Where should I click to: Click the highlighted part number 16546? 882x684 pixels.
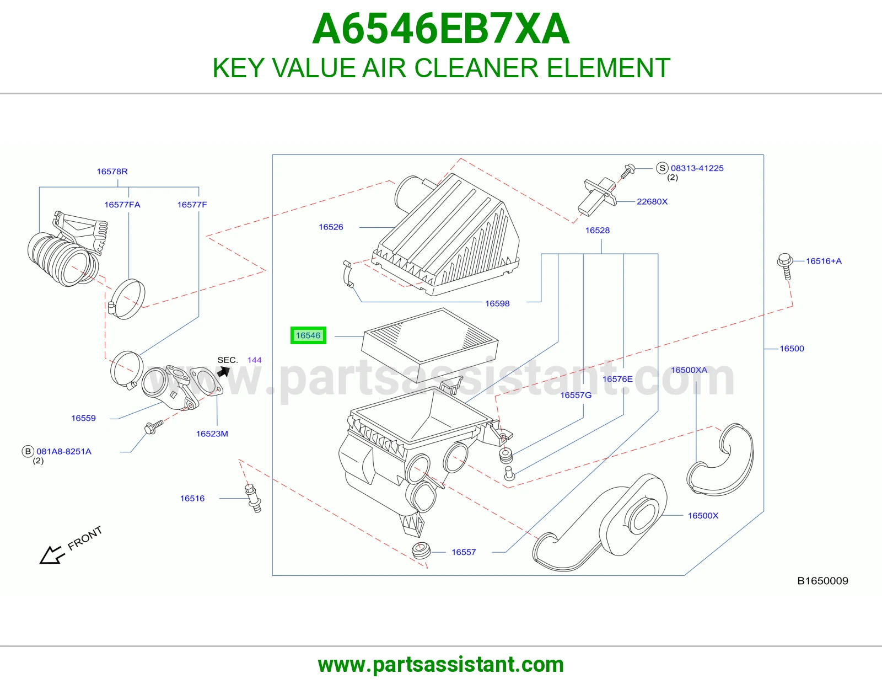(308, 335)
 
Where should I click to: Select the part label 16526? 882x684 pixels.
(331, 227)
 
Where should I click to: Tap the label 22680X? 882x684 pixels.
(652, 201)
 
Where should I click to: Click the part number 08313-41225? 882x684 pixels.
(697, 168)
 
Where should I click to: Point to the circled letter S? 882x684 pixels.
(662, 168)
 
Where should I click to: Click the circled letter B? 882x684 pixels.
(28, 451)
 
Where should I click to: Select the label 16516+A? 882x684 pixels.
(824, 261)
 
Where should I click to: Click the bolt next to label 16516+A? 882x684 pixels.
(785, 266)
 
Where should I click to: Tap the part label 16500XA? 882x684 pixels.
(689, 370)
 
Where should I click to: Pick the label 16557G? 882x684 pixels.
(576, 395)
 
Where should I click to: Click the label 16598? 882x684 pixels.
(497, 303)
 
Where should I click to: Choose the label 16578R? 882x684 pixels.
(112, 172)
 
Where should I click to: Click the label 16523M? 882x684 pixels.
(212, 434)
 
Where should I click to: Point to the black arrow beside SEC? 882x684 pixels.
(224, 371)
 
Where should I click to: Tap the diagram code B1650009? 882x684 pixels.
(822, 581)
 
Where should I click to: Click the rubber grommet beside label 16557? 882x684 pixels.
(421, 550)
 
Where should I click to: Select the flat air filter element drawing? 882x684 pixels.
(429, 335)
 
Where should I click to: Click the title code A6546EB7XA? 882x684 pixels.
(441, 29)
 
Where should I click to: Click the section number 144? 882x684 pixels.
(254, 360)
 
